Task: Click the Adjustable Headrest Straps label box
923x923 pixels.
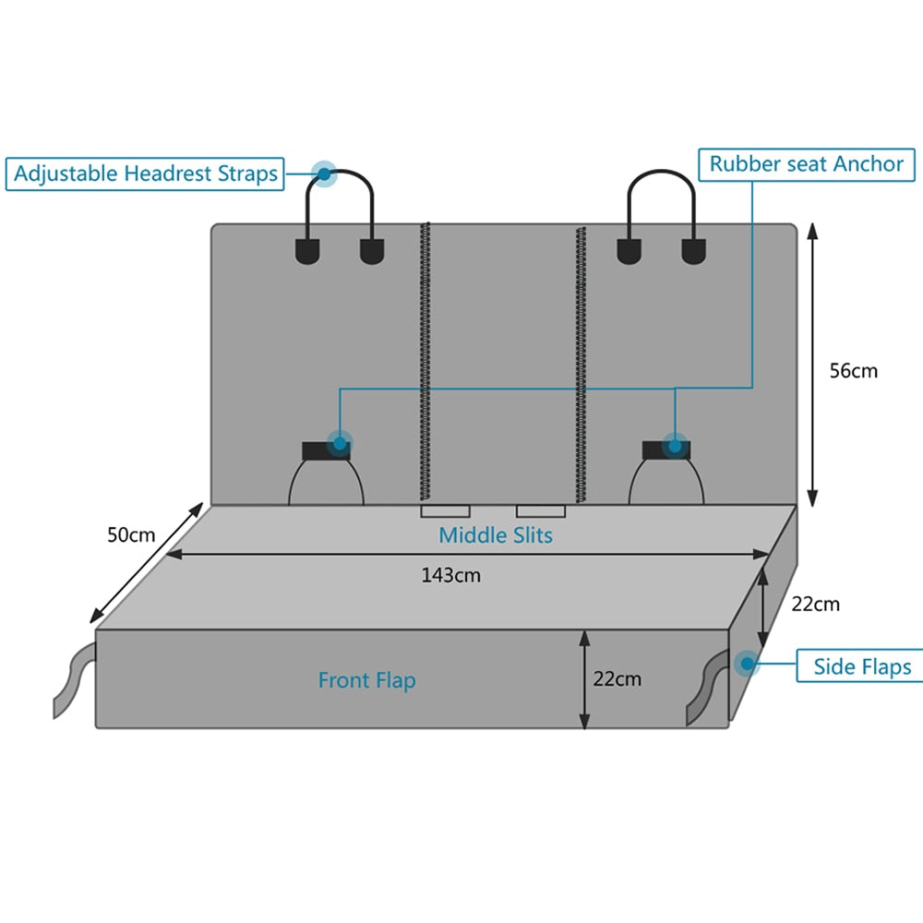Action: coord(145,174)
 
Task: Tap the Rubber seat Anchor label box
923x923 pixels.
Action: coord(806,164)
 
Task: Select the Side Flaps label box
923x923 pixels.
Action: coord(861,666)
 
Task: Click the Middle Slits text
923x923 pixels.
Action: coord(496,534)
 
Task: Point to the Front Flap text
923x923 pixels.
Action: coord(366,680)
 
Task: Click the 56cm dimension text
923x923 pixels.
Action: coord(854,371)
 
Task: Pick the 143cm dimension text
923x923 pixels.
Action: coord(450,575)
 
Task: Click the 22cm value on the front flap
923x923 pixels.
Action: coord(617,679)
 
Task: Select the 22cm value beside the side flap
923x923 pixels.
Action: coord(816,605)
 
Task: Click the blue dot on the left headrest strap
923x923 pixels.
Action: coord(324,173)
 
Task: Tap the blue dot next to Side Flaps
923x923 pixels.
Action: coord(745,663)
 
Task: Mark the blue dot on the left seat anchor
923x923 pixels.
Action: coord(340,444)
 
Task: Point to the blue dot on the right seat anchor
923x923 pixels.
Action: coord(676,446)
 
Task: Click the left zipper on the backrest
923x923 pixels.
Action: coord(426,360)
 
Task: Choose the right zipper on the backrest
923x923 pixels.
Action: coord(581,360)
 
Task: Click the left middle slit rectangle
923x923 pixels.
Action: coord(445,511)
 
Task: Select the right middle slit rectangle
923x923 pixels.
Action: coord(541,511)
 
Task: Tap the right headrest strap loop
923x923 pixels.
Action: coord(661,175)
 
